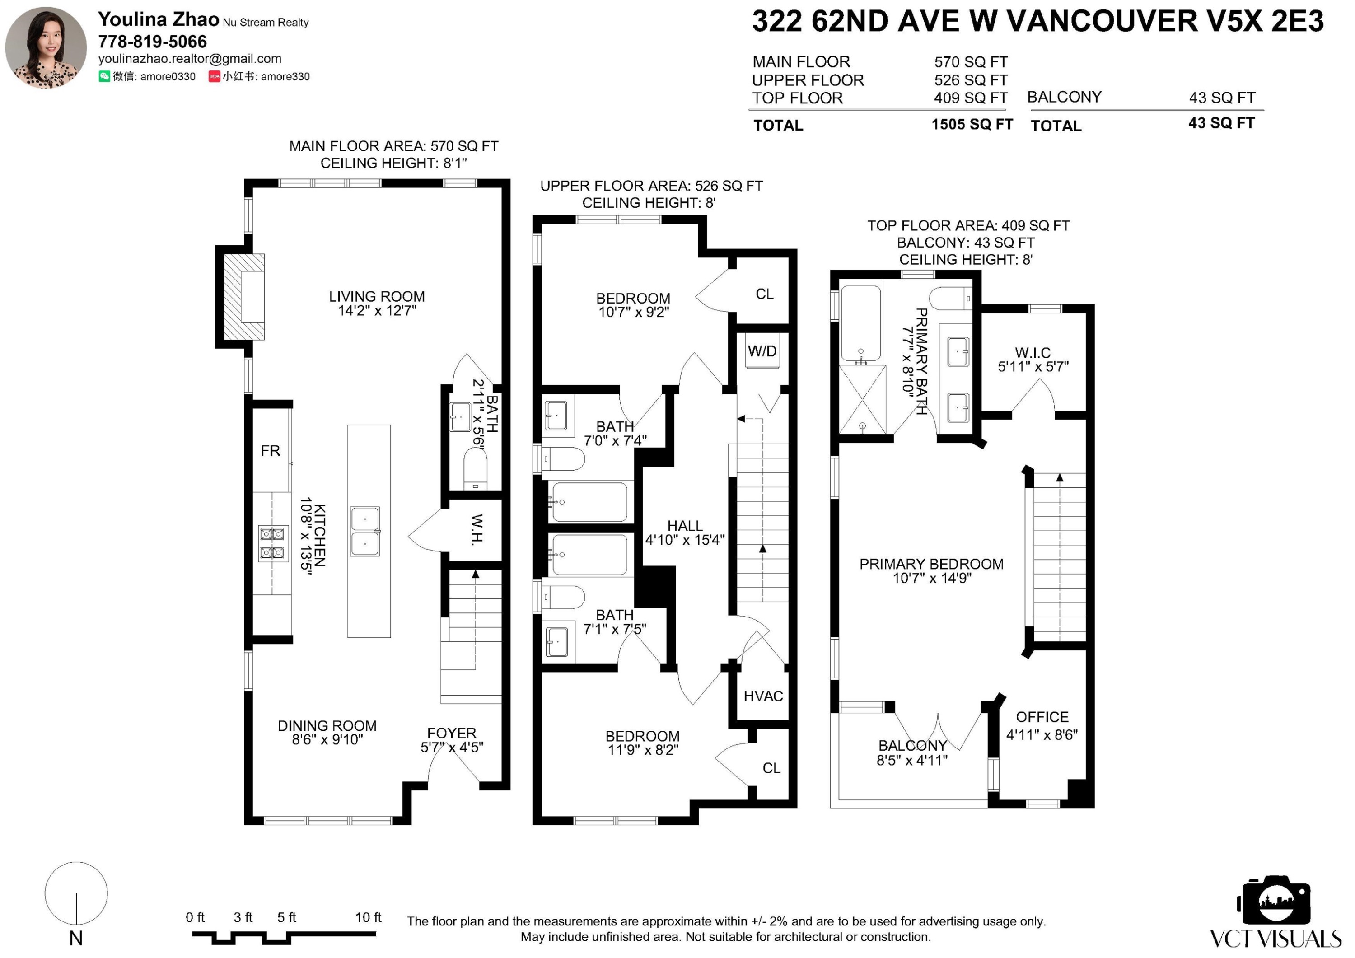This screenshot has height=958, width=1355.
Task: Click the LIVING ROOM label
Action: point(377,297)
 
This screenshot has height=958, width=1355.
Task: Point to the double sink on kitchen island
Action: point(365,531)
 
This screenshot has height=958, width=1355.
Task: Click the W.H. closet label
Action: point(477,529)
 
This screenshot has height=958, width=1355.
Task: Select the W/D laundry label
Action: point(762,352)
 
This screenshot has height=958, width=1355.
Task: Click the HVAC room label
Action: point(763,696)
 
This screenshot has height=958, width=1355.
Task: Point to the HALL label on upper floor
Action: point(685,526)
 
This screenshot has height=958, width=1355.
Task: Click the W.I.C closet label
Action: point(1033,353)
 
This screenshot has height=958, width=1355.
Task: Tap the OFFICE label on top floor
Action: point(1042,717)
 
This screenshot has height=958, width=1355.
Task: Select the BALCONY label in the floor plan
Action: point(912,746)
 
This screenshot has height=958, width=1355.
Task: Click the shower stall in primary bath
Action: point(862,400)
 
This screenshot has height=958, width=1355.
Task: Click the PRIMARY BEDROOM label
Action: point(931,564)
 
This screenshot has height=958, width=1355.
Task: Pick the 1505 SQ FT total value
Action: point(972,125)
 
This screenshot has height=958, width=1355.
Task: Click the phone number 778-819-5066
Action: point(152,42)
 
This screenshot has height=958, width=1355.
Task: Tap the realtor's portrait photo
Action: point(46,47)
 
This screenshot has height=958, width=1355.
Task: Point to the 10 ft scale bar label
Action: point(368,917)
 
